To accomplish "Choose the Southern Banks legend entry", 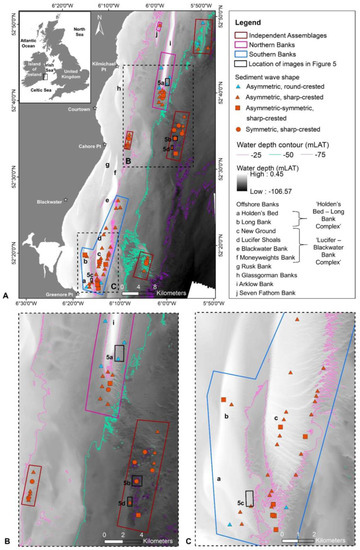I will click(x=279, y=60).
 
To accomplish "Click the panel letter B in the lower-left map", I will click(x=9, y=541).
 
